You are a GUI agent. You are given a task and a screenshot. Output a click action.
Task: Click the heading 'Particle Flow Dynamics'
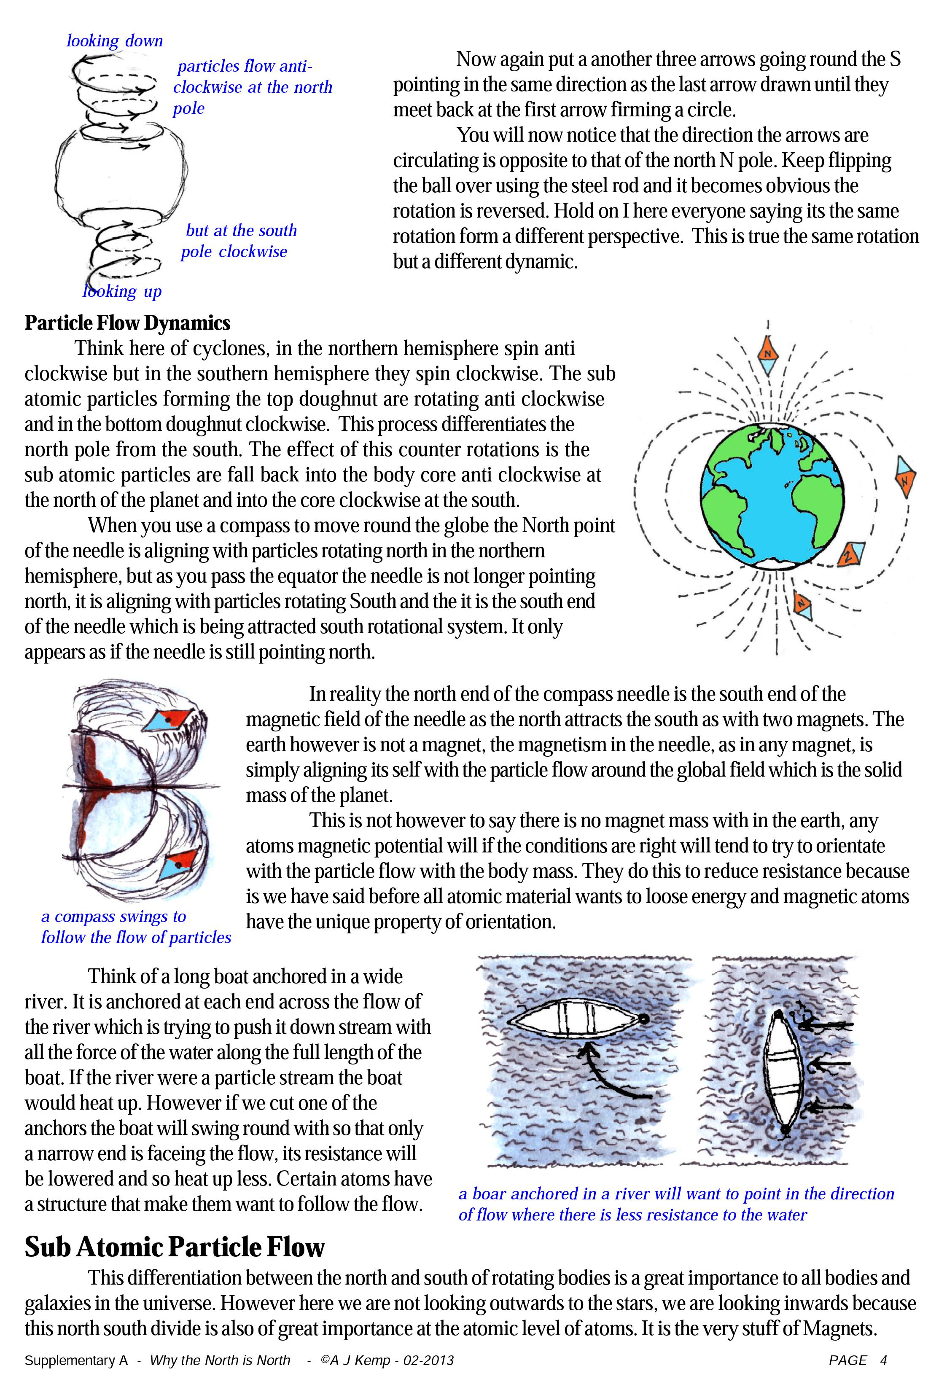point(127,323)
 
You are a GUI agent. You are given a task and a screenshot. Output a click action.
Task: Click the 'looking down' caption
point(115,41)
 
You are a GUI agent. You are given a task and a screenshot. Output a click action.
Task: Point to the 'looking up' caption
point(122,291)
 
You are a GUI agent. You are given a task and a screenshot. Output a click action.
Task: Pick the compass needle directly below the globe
point(803,605)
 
